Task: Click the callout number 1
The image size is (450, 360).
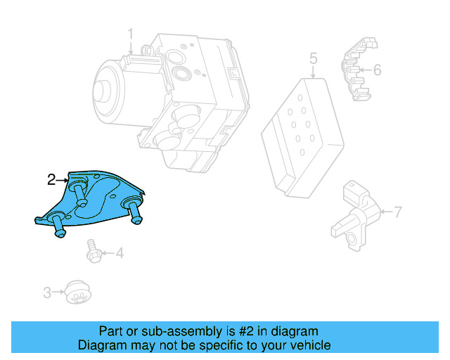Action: pyautogui.click(x=130, y=34)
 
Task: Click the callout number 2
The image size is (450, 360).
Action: pyautogui.click(x=51, y=180)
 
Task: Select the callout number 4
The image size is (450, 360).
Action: pyautogui.click(x=119, y=252)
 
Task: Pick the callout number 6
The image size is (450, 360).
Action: pyautogui.click(x=377, y=70)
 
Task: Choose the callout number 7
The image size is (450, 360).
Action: pyautogui.click(x=397, y=211)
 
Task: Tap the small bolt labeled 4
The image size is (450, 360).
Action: pyautogui.click(x=92, y=250)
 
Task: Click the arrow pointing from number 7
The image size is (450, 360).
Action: pyautogui.click(x=385, y=211)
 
